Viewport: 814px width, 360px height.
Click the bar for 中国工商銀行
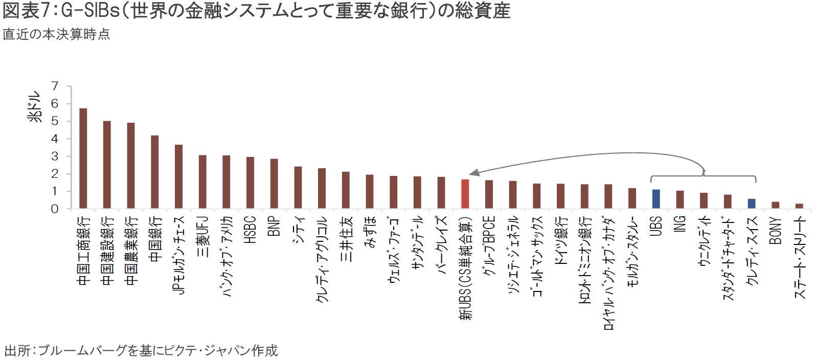pyautogui.click(x=83, y=159)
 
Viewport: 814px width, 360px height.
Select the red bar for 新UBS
pyautogui.click(x=465, y=194)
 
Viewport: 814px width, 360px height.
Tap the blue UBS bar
pyautogui.click(x=656, y=199)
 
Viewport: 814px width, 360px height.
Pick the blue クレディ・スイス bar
pyautogui.click(x=752, y=204)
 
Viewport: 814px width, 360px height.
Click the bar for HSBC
pyautogui.click(x=251, y=183)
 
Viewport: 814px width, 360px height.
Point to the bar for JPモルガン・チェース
pyautogui.click(x=178, y=176)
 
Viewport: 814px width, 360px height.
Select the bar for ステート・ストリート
pyautogui.click(x=799, y=206)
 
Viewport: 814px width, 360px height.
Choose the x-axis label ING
pyautogui.click(x=680, y=224)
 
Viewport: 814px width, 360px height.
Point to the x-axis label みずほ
pyautogui.click(x=370, y=232)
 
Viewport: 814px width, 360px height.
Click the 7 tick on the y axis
pyautogui.click(x=55, y=86)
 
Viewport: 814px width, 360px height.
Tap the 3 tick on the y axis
pyautogui.click(x=55, y=156)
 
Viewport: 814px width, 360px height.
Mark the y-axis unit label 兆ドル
pyautogui.click(x=35, y=107)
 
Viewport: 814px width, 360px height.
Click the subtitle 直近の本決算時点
pyautogui.click(x=56, y=34)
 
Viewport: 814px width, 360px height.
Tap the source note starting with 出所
pyautogui.click(x=141, y=350)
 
